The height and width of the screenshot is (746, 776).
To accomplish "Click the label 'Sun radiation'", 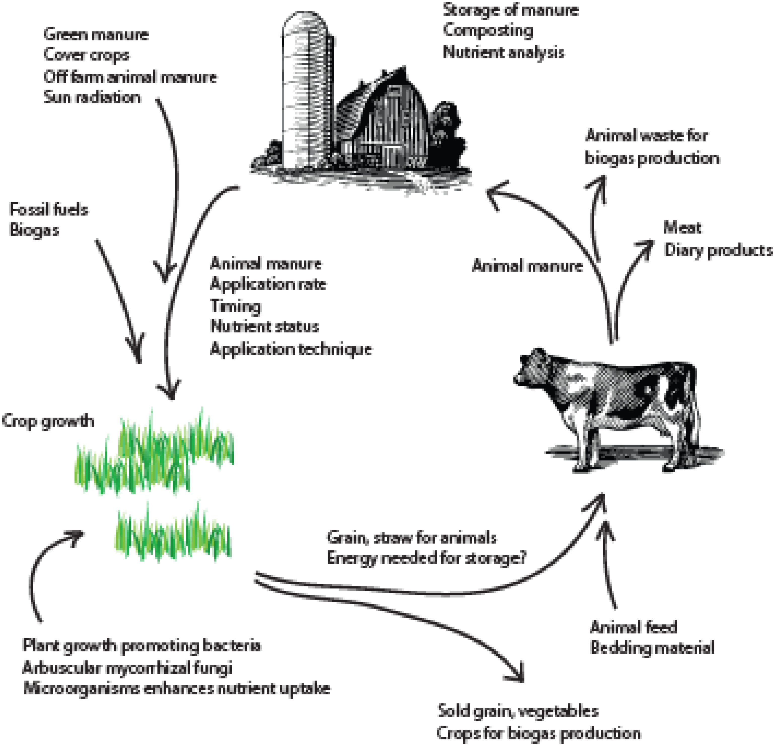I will (x=92, y=97).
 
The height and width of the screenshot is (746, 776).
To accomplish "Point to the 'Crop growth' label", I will (x=48, y=421).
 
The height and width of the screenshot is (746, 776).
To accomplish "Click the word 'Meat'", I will (x=682, y=228).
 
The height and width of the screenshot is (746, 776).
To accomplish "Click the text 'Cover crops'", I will (x=86, y=55).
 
